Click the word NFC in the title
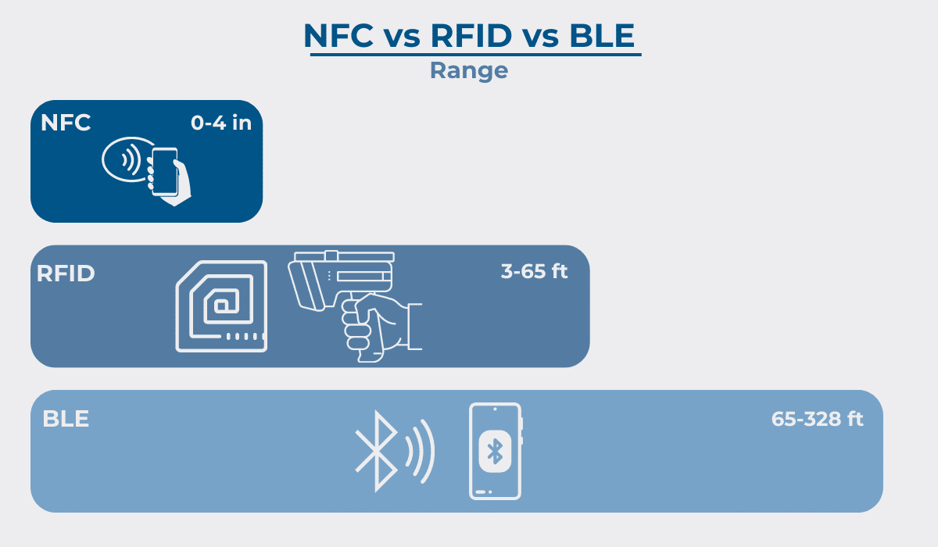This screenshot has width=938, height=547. coord(338,36)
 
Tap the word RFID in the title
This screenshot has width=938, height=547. coord(471,36)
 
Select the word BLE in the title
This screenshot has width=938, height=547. coord(602,36)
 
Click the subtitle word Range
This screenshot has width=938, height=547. coord(469,70)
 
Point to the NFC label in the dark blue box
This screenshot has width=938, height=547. coord(66,123)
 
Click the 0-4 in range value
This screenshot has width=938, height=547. coord(221,123)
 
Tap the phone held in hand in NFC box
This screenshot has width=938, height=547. coord(165,172)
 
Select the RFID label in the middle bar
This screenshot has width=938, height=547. coord(66,273)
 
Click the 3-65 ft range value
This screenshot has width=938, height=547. coord(534,271)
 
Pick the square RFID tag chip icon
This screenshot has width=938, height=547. coord(221,306)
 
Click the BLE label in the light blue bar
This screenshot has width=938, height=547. coord(66,419)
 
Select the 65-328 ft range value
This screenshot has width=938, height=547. coord(817,419)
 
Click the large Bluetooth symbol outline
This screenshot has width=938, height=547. coord(377,451)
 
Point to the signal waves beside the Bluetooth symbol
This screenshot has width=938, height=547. coord(420,451)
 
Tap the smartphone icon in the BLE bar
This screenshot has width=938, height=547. coord(496,451)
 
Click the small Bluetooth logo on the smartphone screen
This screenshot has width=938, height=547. coord(495,451)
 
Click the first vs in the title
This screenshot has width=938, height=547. coord(402,38)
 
